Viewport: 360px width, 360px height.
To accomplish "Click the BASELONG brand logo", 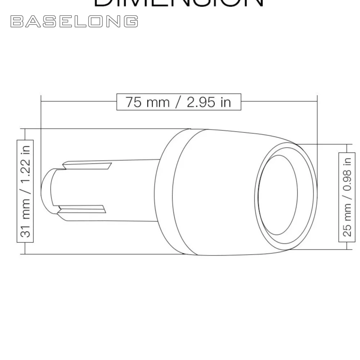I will pos(74,22).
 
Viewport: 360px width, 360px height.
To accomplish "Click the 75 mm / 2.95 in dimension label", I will pos(179,102).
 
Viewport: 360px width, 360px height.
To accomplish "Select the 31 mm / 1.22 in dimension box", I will pos(25,191).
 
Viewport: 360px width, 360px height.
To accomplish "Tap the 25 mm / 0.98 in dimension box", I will pos(347,197).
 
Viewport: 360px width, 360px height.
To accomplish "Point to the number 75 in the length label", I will pos(132,102).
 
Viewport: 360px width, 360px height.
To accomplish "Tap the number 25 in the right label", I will pos(347,230).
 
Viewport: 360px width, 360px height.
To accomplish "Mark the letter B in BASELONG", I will pos(17,22).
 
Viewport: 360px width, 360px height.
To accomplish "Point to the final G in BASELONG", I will pos(132,22).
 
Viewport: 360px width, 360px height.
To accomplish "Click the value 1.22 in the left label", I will pos(26,170).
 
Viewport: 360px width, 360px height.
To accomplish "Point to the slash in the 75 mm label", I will pos(178,102).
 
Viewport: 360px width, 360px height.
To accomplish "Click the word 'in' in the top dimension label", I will pos(225,102).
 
